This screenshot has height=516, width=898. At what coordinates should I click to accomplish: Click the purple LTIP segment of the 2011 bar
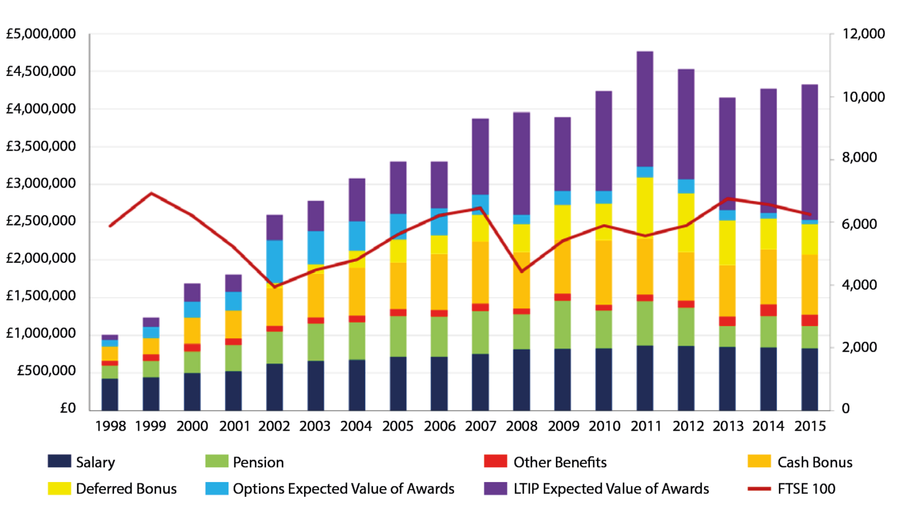click(645, 109)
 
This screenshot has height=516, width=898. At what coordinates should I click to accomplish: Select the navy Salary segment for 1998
click(110, 394)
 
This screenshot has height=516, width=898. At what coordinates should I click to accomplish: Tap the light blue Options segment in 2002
click(274, 261)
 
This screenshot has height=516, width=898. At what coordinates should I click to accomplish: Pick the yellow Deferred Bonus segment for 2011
click(645, 207)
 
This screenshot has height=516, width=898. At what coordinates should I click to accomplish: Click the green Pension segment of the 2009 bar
click(562, 324)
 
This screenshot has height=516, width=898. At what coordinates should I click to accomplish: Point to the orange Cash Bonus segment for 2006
click(439, 282)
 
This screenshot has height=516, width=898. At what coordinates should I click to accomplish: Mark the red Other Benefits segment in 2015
click(809, 320)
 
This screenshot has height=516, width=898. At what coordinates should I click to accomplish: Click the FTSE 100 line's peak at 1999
click(151, 193)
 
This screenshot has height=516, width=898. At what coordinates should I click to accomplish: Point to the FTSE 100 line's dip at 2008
click(521, 271)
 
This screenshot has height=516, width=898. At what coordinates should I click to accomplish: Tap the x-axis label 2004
click(356, 427)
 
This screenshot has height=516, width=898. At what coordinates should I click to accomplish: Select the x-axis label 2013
click(728, 427)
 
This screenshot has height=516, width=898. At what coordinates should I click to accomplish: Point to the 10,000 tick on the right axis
click(863, 97)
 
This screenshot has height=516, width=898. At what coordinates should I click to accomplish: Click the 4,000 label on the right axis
click(859, 285)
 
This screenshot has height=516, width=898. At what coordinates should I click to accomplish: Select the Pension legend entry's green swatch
click(216, 462)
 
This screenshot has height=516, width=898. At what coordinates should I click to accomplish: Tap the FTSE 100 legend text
click(806, 489)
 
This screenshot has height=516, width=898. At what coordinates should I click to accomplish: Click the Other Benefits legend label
click(559, 462)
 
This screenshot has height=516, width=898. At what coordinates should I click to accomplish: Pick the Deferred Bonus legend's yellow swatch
click(59, 489)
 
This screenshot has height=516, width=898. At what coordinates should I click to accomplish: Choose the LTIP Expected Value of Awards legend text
click(611, 489)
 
